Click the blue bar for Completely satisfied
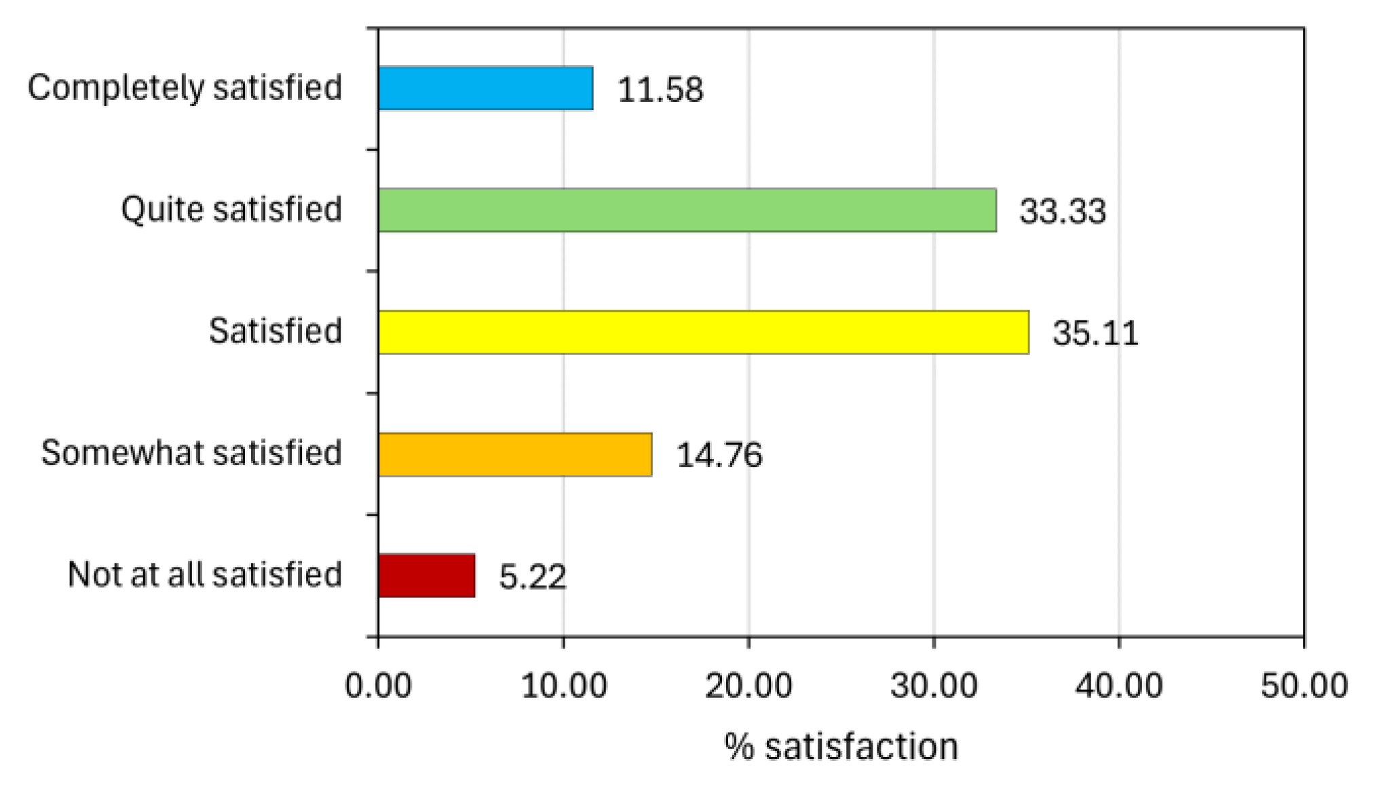pyautogui.click(x=485, y=88)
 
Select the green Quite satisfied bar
pyautogui.click(x=687, y=210)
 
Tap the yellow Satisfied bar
pyautogui.click(x=703, y=333)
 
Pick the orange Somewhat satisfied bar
pyautogui.click(x=515, y=455)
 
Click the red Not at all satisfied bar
pyautogui.click(x=426, y=576)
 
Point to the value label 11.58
pyautogui.click(x=660, y=90)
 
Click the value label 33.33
pyautogui.click(x=1062, y=211)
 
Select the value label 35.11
pyautogui.click(x=1095, y=333)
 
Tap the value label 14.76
pyautogui.click(x=719, y=455)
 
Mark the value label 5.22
pyautogui.click(x=532, y=577)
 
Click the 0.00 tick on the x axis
pyautogui.click(x=378, y=685)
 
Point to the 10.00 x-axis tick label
pyautogui.click(x=563, y=685)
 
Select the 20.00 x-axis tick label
pyautogui.click(x=749, y=685)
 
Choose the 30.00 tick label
pyautogui.click(x=934, y=685)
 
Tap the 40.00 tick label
pyautogui.click(x=1119, y=685)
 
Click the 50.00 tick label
pyautogui.click(x=1304, y=685)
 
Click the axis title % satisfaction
pyautogui.click(x=841, y=747)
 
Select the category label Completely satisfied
pyautogui.click(x=185, y=88)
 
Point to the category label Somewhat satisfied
pyautogui.click(x=191, y=453)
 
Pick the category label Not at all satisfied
pyautogui.click(x=205, y=575)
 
